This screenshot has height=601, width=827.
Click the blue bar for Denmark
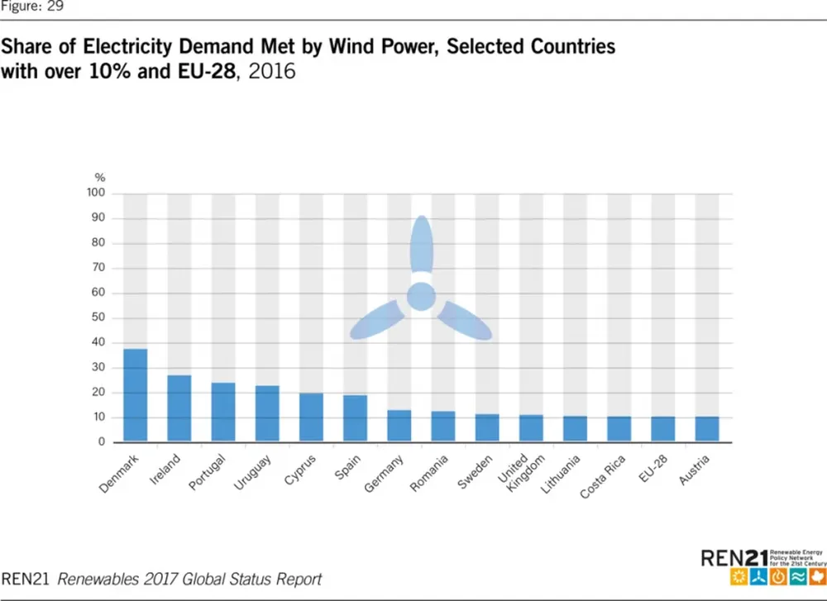(x=136, y=395)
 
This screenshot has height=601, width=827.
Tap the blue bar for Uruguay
(x=267, y=413)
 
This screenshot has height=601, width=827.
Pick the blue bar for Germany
(x=399, y=426)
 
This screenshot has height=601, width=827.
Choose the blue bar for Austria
(x=707, y=429)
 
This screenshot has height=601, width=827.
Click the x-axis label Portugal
(x=207, y=472)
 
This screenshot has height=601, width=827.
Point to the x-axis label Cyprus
(x=299, y=467)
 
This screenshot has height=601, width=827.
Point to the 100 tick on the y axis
(x=98, y=193)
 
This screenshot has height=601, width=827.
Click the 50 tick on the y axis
(x=100, y=317)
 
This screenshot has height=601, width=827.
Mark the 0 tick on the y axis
(x=103, y=442)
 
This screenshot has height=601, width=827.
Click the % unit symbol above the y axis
(x=100, y=178)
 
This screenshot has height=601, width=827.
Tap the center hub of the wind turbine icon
(x=421, y=296)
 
